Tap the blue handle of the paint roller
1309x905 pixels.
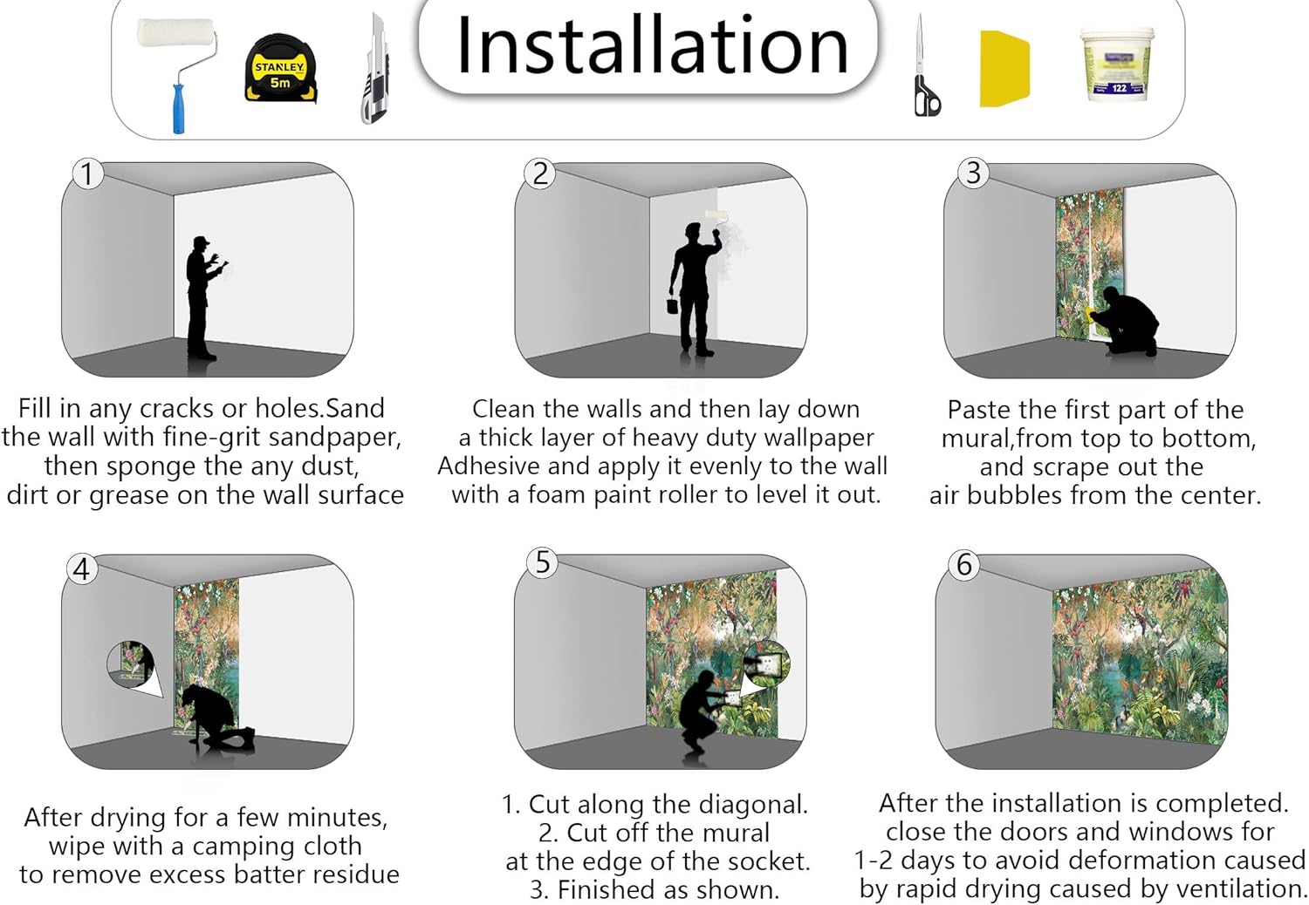(x=178, y=109)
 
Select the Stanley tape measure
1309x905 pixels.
(x=280, y=70)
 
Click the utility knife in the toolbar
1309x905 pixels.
(x=374, y=69)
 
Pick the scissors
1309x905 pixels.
(x=926, y=65)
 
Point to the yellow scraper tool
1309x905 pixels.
(x=1004, y=69)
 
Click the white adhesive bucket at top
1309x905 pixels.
(x=1117, y=65)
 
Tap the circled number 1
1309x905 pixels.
(x=87, y=174)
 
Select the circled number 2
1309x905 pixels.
(x=539, y=174)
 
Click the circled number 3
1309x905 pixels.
(x=973, y=174)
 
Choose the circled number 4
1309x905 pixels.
(x=82, y=569)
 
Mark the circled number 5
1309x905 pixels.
(x=543, y=562)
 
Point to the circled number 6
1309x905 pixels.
(x=964, y=565)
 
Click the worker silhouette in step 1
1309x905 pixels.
(x=202, y=298)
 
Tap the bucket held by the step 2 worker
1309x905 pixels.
(x=673, y=306)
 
